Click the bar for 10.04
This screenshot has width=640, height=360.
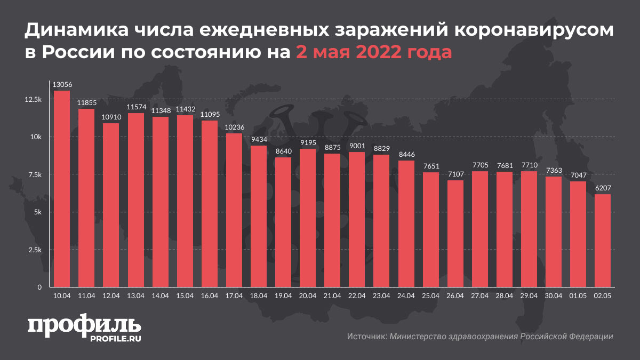point(62,189)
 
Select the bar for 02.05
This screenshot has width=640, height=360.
point(603,241)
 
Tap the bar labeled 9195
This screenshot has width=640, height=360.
point(307,218)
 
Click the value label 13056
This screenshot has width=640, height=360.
point(62,85)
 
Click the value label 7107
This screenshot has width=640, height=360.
point(455,175)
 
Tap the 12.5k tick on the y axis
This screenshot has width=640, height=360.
point(34,100)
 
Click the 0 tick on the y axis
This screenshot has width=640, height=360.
point(39,287)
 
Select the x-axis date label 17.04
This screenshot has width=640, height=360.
point(234,295)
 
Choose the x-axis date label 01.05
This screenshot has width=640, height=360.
point(578,295)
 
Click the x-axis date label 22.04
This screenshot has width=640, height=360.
point(357,295)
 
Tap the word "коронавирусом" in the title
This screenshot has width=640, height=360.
point(533,32)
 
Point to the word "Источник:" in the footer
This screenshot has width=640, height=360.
point(366,337)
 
